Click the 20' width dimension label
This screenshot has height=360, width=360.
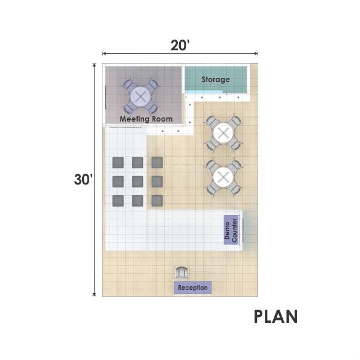(x=180, y=46)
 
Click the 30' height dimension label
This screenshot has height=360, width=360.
(x=83, y=179)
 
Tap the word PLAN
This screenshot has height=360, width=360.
(x=276, y=316)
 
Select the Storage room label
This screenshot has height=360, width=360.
(x=216, y=80)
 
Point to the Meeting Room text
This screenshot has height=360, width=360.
(x=146, y=119)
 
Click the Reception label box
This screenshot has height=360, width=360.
(x=193, y=288)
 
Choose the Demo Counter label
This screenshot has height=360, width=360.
(x=231, y=230)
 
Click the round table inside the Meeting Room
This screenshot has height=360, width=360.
(x=141, y=96)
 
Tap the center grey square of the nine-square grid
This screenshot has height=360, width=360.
(x=138, y=181)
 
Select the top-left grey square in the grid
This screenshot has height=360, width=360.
(x=118, y=162)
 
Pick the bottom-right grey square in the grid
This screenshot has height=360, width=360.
(x=158, y=201)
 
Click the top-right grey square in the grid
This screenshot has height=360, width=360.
(x=158, y=162)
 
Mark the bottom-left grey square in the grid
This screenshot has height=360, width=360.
(x=118, y=201)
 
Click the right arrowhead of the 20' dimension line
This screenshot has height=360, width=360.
(x=256, y=54)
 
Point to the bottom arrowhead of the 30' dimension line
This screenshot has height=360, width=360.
(x=94, y=295)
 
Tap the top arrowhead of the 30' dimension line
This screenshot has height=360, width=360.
(x=94, y=65)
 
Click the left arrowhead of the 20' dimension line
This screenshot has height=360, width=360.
(x=104, y=54)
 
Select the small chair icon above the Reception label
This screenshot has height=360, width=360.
(x=181, y=272)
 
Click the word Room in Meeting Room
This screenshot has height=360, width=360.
(x=162, y=119)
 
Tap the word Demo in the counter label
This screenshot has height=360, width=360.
(x=227, y=230)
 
